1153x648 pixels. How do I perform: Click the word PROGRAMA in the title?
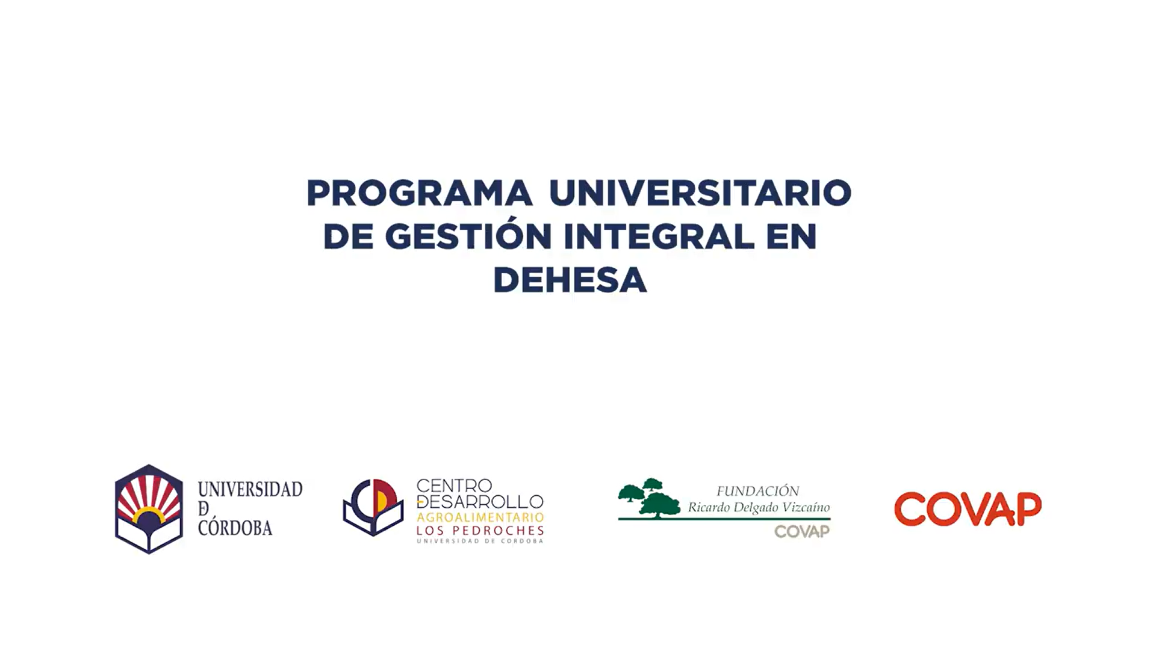click(419, 193)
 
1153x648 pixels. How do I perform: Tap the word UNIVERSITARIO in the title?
click(700, 193)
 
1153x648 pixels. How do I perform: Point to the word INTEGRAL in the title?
click(659, 236)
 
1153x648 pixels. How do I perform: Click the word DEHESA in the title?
click(570, 280)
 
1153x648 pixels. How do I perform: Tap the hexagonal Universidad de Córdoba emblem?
click(149, 509)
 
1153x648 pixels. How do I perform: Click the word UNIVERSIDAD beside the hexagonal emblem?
click(250, 489)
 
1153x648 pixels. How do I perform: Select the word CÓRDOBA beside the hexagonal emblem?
click(235, 528)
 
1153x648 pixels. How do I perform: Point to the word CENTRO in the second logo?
click(454, 486)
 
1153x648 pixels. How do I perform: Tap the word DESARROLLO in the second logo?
click(480, 501)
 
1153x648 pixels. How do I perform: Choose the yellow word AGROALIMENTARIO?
click(480, 517)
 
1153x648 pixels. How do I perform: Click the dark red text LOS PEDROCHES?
click(480, 531)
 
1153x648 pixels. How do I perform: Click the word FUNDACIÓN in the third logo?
click(757, 491)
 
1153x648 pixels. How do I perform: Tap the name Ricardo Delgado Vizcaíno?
click(759, 507)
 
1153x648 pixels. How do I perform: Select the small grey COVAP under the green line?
click(801, 531)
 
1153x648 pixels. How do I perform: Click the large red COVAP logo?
click(968, 509)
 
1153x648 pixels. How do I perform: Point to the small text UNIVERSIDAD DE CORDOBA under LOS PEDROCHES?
click(480, 541)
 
